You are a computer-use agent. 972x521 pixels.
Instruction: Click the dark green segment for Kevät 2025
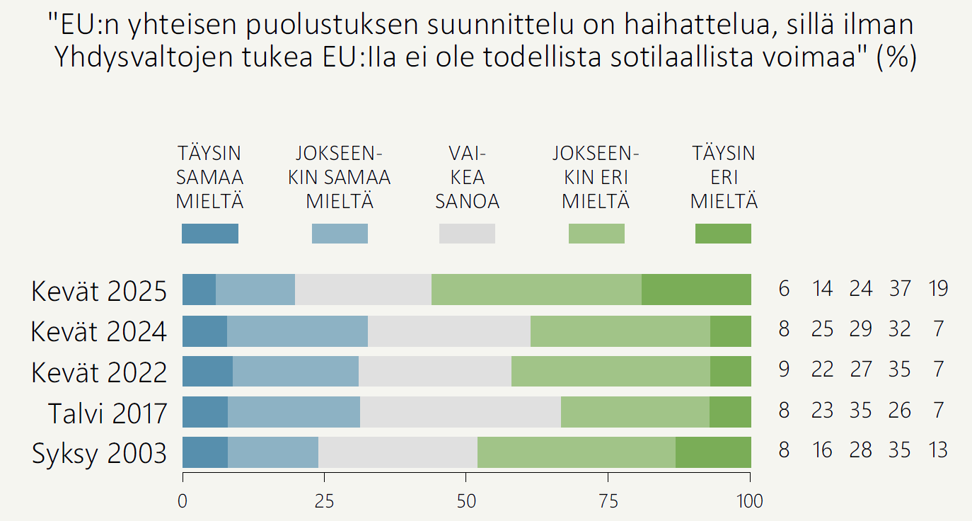[696, 289]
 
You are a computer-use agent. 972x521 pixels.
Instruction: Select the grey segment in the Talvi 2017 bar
[460, 412]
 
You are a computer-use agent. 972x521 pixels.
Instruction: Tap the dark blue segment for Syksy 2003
[204, 452]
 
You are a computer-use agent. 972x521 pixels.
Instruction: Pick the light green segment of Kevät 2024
[620, 331]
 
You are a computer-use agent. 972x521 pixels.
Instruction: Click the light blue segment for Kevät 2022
[295, 371]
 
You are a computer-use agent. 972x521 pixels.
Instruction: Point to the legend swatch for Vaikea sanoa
[467, 234]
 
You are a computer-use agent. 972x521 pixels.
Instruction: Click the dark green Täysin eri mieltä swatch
[723, 234]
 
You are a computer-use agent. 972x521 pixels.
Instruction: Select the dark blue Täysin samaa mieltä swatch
[209, 234]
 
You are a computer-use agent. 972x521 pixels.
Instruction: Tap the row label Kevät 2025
[99, 291]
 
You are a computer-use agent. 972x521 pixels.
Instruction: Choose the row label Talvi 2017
[108, 413]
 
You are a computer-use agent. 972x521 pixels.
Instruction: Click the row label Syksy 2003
[99, 454]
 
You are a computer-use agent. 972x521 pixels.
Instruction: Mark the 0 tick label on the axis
[183, 501]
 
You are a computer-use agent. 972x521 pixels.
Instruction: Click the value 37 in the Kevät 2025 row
[899, 288]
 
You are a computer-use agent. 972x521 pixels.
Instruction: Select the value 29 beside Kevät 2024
[860, 329]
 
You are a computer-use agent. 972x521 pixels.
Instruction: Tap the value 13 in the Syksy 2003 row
[937, 450]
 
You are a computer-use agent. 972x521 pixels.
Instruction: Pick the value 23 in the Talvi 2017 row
[822, 410]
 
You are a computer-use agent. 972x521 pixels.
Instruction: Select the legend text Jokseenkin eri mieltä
[596, 177]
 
